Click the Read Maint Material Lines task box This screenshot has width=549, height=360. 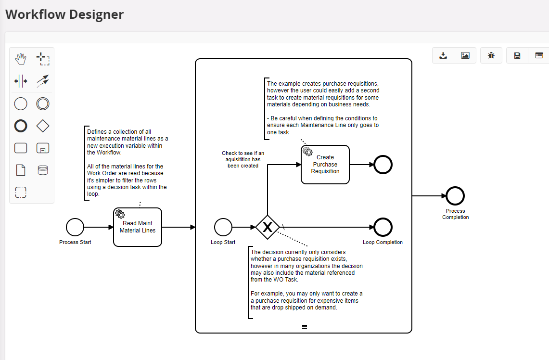point(138,227)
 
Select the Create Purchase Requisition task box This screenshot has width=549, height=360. point(325,165)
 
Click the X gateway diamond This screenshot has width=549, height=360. point(268,227)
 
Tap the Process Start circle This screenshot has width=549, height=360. point(75,227)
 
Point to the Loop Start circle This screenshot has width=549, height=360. point(223,227)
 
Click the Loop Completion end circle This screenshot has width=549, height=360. point(383,227)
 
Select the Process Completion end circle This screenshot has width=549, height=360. point(455,196)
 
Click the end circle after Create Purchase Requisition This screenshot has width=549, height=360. point(383,165)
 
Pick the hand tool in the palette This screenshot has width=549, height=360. point(21,59)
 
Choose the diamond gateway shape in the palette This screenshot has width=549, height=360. point(43,126)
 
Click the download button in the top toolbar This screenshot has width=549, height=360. point(443,55)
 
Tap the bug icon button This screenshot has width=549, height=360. point(491,55)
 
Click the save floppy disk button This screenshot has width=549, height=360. point(517,55)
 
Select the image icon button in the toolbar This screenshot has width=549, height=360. point(465,55)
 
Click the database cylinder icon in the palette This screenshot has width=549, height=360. point(43,170)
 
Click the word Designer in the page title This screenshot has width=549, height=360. point(96,14)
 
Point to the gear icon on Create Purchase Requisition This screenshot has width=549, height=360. point(308,152)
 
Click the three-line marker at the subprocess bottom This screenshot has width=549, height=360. point(305,327)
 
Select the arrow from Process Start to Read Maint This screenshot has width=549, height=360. point(99,227)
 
